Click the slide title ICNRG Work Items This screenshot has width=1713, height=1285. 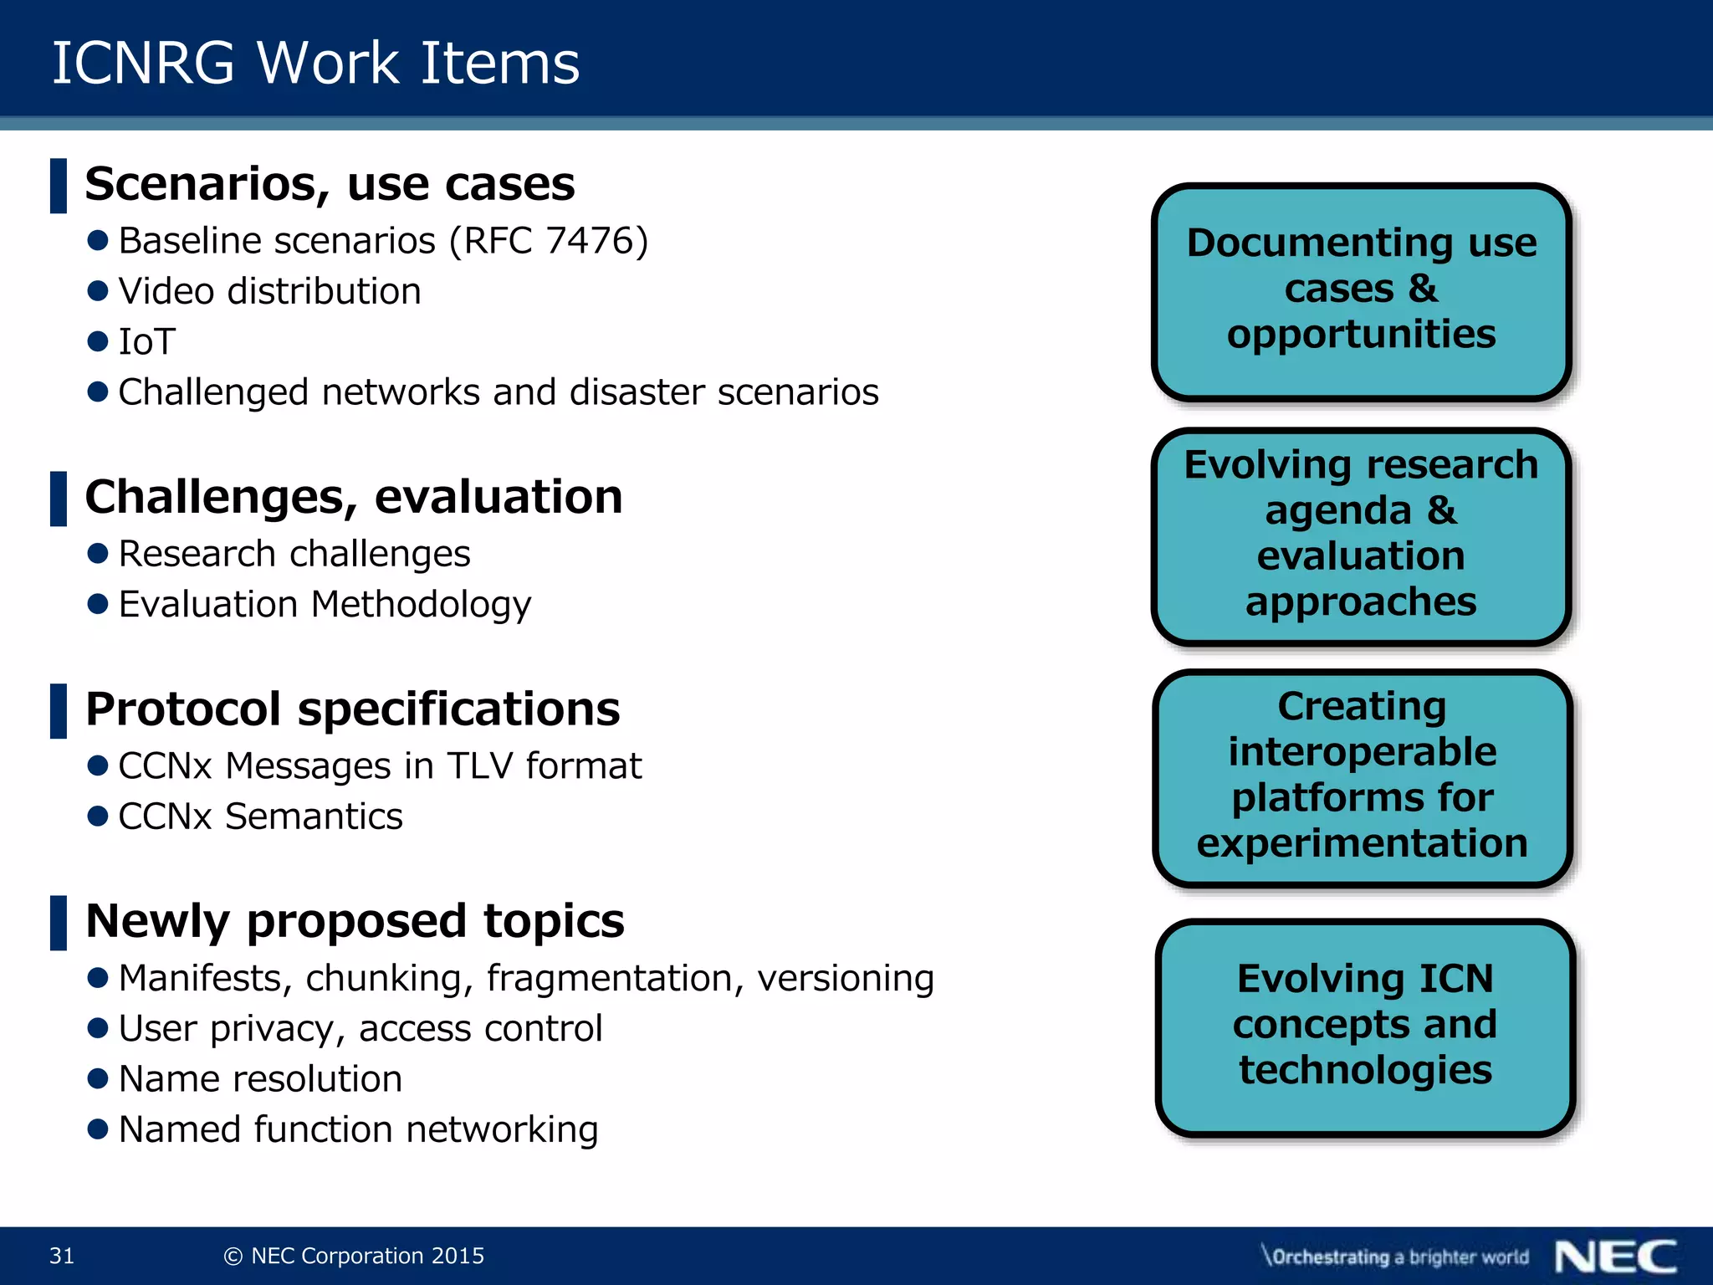pos(315,64)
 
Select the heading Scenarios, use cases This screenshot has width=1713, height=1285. pos(330,184)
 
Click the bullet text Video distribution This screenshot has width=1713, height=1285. pos(269,292)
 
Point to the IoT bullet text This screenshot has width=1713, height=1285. pos(147,342)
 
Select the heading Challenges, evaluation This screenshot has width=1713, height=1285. pos(354,497)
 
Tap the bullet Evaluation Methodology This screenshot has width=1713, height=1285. pos(325,604)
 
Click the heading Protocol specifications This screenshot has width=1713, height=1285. pos(352,709)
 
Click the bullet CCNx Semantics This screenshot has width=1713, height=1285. pos(260,817)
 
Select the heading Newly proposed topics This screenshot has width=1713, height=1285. pos(355,921)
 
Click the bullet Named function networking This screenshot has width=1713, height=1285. pos(358,1129)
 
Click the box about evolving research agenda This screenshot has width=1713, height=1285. pos(1361,535)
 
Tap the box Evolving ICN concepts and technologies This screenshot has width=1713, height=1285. pos(1365,1026)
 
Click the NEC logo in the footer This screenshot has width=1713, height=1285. pos(1616,1256)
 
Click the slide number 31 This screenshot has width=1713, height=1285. pos(62,1256)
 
